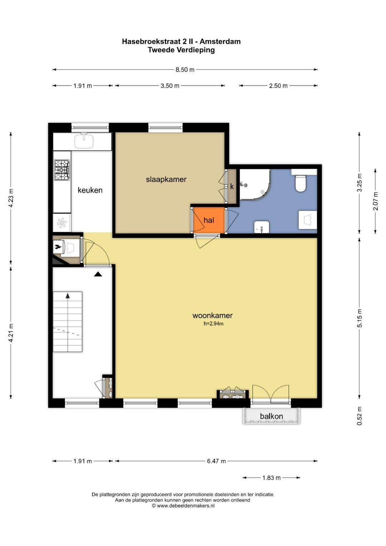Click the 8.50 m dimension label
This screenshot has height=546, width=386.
click(185, 70)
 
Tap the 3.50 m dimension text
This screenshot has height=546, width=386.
click(170, 86)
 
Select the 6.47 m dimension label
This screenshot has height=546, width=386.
click(216, 461)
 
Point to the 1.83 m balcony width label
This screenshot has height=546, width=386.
click(271, 478)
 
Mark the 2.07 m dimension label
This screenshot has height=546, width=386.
click(376, 201)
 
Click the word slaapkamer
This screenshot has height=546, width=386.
click(166, 179)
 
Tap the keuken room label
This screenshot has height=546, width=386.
click(90, 190)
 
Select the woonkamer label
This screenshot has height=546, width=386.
click(213, 315)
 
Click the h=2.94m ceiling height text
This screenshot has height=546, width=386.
click(213, 324)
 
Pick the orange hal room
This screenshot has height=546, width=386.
click(209, 220)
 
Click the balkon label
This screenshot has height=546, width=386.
click(271, 416)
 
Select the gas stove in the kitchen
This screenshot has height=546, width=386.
click(62, 170)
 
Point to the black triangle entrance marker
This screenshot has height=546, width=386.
click(98, 274)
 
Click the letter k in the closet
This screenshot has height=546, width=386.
click(232, 187)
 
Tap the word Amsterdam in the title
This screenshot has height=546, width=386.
click(220, 41)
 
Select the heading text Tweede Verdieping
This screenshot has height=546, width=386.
click(181, 50)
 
